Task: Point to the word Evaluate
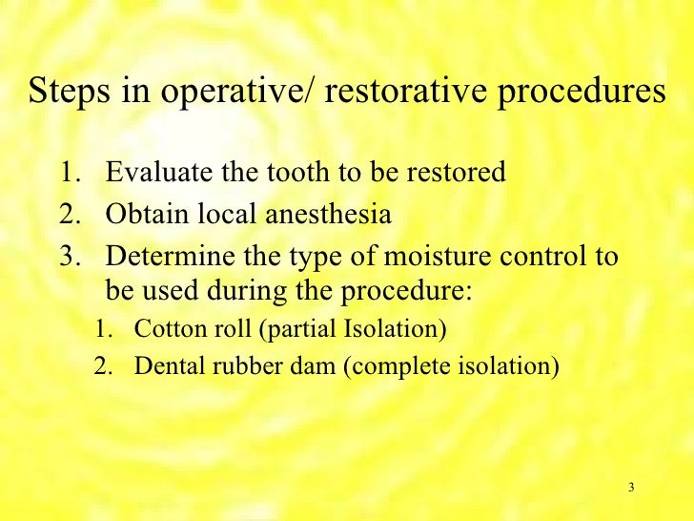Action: click(x=153, y=174)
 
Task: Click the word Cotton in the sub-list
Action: click(x=163, y=330)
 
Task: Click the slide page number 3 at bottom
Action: click(x=631, y=489)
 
